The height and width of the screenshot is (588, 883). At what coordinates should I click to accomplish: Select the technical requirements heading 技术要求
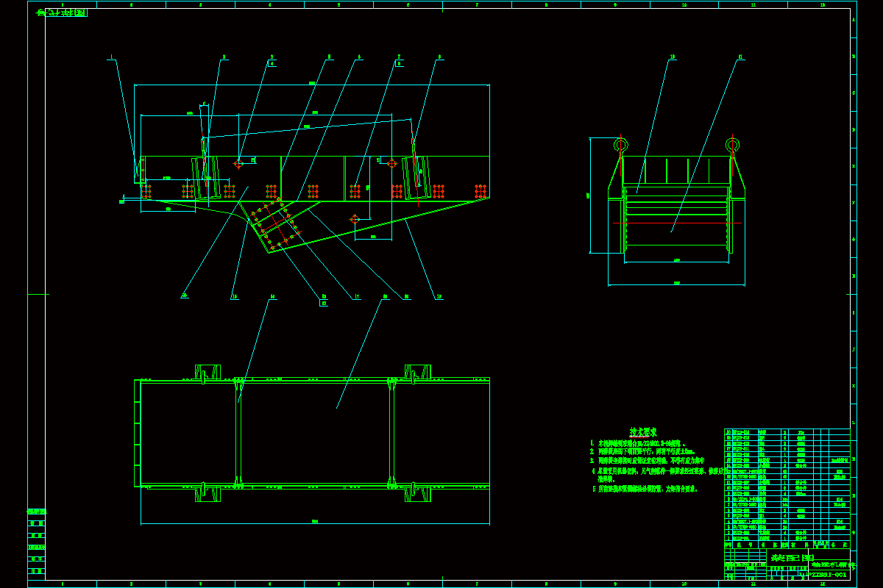[643, 432]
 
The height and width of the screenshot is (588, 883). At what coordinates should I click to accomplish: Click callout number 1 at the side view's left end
[110, 57]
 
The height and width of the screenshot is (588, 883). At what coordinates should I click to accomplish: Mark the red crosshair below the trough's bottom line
[354, 219]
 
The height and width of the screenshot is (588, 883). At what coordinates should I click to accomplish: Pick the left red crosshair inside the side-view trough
[238, 164]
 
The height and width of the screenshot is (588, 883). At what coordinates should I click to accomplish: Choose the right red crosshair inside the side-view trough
[391, 163]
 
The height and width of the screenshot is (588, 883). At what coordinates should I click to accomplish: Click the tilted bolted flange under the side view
[275, 226]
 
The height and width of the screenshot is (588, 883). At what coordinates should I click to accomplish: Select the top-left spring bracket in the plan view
[208, 373]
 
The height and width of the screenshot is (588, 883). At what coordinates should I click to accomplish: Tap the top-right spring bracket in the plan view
[417, 373]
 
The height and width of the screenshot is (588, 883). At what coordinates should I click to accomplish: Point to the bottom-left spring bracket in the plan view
[208, 493]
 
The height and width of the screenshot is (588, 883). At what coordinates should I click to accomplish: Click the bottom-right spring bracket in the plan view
[417, 493]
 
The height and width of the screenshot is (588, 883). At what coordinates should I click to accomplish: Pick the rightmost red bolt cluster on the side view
[480, 191]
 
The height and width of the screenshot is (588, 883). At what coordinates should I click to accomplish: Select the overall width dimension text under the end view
[676, 283]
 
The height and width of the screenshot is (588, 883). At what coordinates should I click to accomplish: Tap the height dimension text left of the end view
[589, 196]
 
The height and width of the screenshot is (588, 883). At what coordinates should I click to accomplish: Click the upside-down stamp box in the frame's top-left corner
[66, 12]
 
